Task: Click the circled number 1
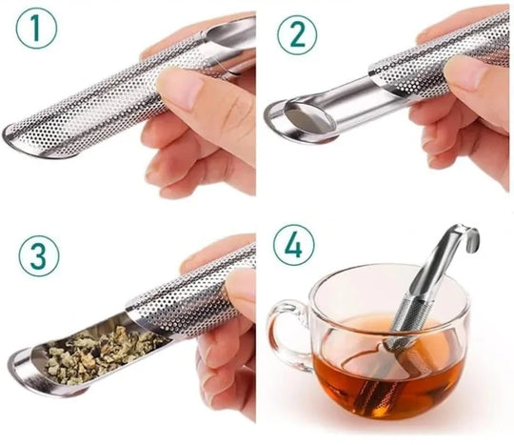pos(36,29)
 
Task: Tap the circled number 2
pos(297,35)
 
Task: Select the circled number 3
pos(39,255)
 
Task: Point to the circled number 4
pos(294,245)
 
